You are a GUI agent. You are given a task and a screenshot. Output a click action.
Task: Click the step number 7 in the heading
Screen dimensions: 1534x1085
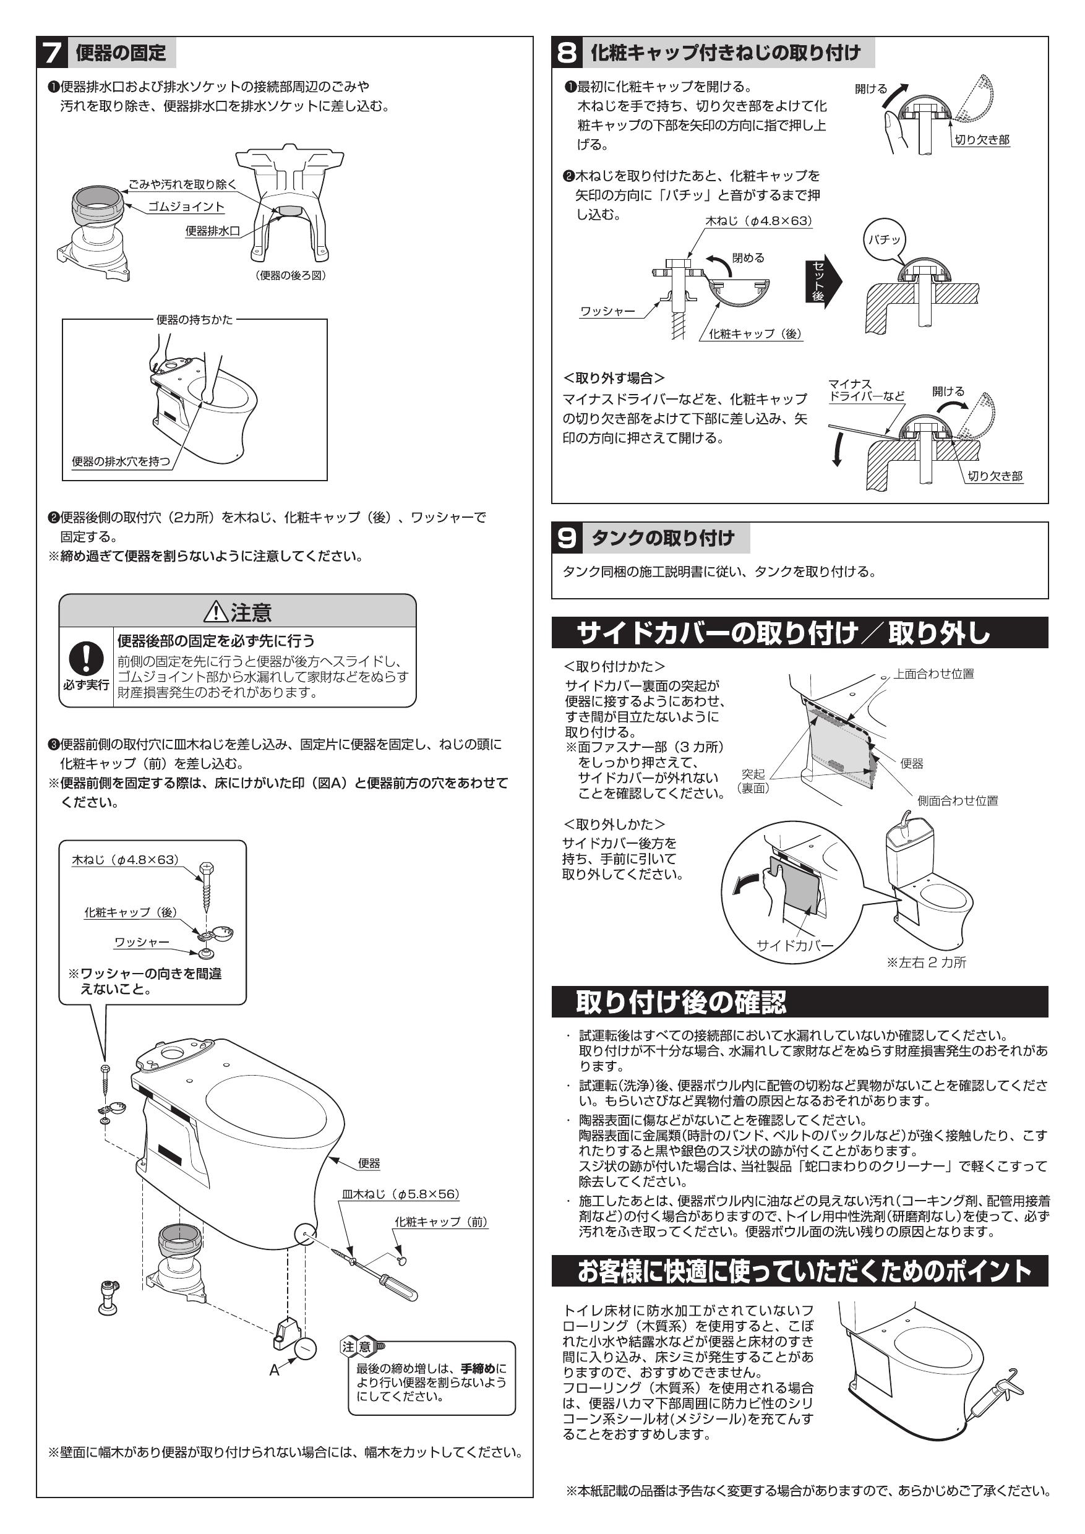point(53,53)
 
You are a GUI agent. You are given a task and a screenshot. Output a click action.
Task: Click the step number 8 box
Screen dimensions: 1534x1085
point(567,53)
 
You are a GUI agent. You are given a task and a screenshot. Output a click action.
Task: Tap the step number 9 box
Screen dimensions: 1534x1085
point(567,539)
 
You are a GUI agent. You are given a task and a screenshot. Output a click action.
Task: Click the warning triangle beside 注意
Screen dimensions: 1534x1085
point(216,611)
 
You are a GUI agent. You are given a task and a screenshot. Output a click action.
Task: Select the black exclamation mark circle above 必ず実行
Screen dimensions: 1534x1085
point(86,658)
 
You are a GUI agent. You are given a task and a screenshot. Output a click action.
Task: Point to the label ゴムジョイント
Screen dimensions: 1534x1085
point(186,207)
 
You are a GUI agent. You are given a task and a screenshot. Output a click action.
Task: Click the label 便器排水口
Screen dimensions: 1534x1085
point(212,231)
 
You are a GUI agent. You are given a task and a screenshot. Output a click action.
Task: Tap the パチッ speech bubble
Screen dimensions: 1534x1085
point(885,239)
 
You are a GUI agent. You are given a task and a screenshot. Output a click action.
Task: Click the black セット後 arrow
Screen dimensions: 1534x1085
point(821,281)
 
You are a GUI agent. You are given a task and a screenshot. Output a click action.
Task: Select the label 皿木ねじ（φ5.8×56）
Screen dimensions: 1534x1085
point(401,1194)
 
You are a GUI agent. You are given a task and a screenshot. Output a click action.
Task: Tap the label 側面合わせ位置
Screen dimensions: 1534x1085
point(958,800)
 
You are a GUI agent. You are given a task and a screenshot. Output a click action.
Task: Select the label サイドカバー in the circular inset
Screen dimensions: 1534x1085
point(794,945)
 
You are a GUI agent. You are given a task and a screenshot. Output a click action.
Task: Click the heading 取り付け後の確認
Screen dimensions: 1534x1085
point(682,1001)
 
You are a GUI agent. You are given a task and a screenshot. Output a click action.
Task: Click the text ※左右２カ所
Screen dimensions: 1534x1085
point(926,962)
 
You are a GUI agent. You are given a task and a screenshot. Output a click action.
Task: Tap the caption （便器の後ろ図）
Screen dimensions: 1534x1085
point(291,275)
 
